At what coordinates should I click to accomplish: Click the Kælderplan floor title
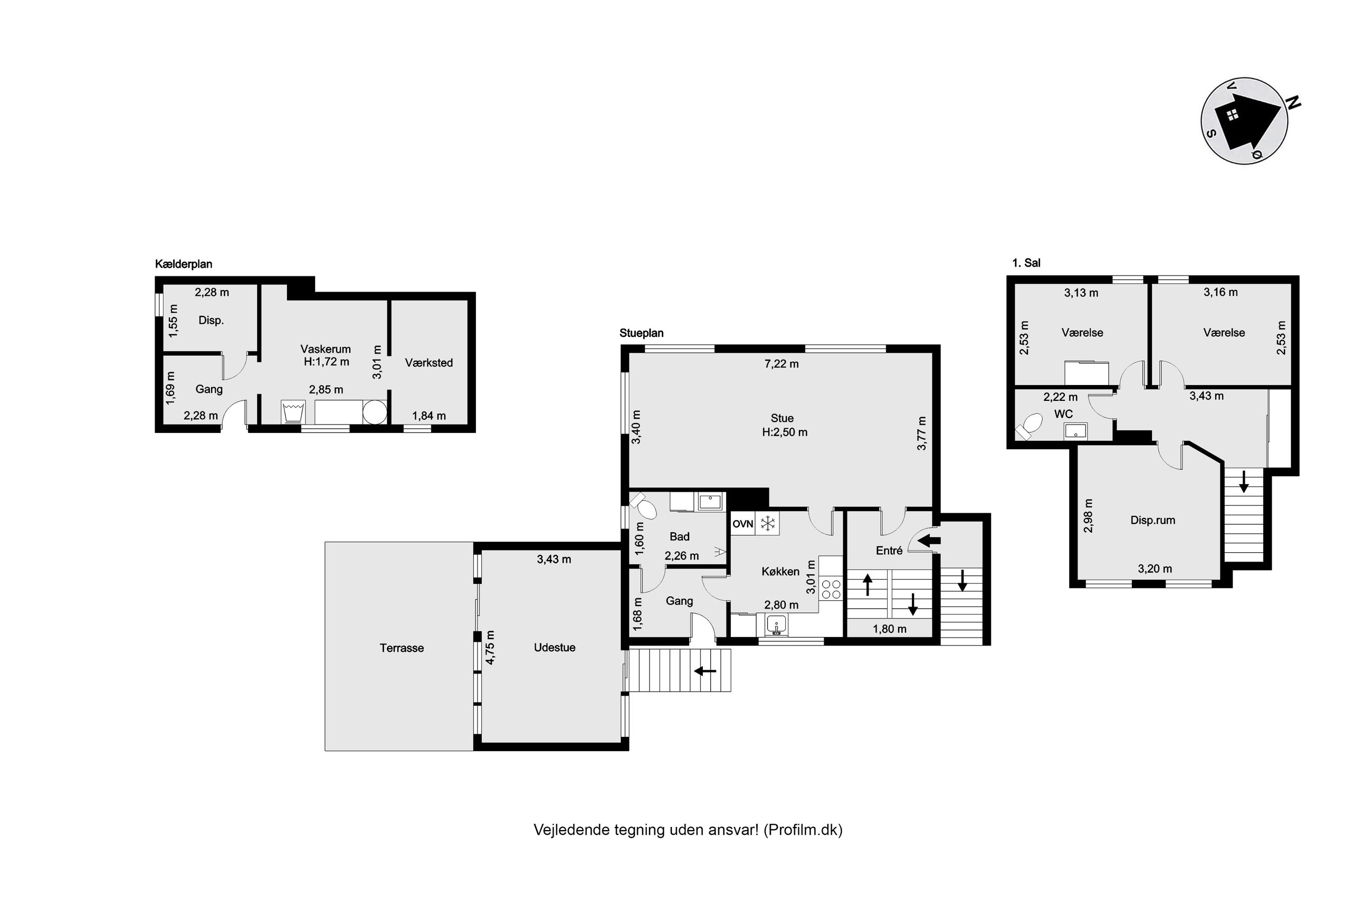[183, 264]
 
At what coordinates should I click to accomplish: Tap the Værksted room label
[428, 362]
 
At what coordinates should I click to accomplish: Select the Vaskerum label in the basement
[326, 349]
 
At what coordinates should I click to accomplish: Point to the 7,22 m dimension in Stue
[782, 364]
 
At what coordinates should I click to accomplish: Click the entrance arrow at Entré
[929, 541]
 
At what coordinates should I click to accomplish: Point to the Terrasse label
[401, 648]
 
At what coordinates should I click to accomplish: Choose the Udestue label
[555, 647]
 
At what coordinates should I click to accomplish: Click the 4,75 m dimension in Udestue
[490, 647]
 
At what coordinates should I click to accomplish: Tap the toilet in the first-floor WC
[1028, 426]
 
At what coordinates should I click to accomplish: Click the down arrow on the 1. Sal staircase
[1244, 482]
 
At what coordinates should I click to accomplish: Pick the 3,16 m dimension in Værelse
[1221, 292]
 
